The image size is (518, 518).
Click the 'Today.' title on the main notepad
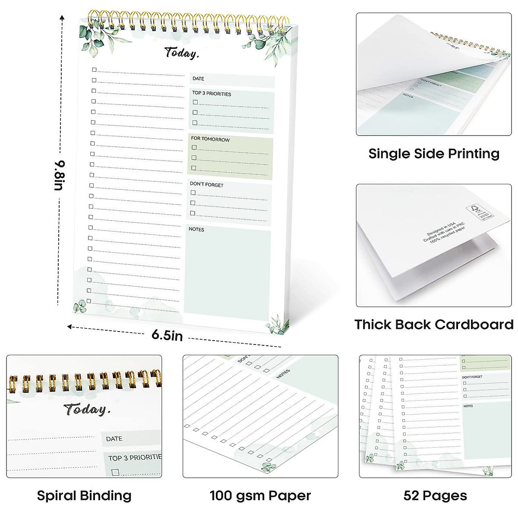point(182,53)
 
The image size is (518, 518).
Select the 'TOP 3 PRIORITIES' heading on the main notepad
point(212,94)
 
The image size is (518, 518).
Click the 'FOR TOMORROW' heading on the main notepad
point(211,139)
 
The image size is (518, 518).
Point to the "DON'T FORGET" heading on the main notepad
point(207,184)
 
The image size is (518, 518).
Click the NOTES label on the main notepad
point(196,229)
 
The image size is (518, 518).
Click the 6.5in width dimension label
point(167,335)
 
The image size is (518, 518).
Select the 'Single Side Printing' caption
point(434,154)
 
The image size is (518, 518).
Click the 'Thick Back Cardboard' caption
point(434,324)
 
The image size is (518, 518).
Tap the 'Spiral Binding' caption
point(84,496)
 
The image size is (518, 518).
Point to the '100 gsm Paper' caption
point(260,496)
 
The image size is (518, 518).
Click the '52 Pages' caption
point(435,496)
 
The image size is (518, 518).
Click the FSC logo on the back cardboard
point(475,211)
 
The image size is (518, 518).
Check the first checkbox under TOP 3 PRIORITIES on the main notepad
point(196,102)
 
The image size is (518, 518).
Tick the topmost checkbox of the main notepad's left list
point(94,69)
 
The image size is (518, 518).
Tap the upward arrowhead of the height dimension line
point(63,18)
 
